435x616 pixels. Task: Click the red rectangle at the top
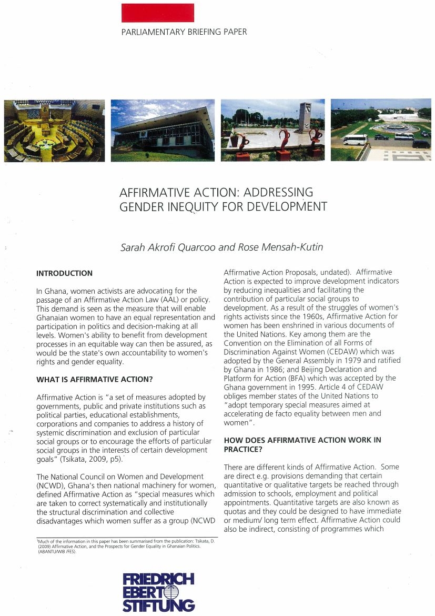(x=157, y=13)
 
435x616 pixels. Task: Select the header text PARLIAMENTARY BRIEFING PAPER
(x=184, y=32)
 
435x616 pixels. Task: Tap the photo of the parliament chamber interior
(x=54, y=130)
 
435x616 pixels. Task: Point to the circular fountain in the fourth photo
(x=395, y=128)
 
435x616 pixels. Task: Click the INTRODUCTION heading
(x=64, y=273)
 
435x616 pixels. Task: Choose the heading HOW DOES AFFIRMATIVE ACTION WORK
(x=302, y=440)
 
